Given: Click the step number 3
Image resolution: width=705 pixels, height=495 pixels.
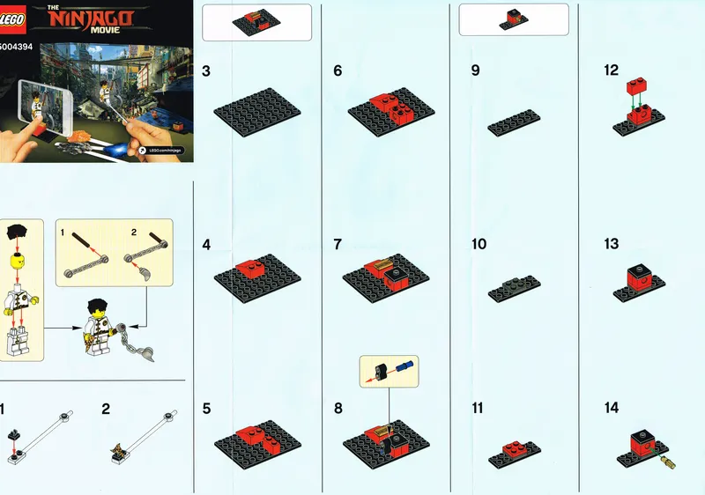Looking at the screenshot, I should [x=205, y=71].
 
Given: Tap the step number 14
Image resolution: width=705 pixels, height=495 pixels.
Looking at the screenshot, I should [x=612, y=408].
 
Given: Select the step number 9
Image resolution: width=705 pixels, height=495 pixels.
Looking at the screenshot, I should [x=475, y=71].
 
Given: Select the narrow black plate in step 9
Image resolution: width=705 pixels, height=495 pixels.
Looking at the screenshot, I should [x=514, y=123].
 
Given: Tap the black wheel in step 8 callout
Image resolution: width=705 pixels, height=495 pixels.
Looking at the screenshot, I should [x=382, y=370].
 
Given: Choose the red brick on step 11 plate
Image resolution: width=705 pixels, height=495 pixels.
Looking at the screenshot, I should [x=514, y=449].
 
